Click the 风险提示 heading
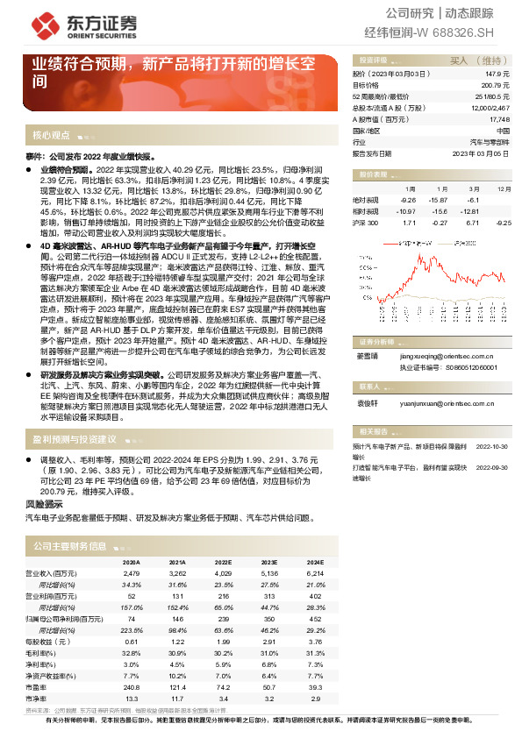coord(44,506)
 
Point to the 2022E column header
coord(224,563)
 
